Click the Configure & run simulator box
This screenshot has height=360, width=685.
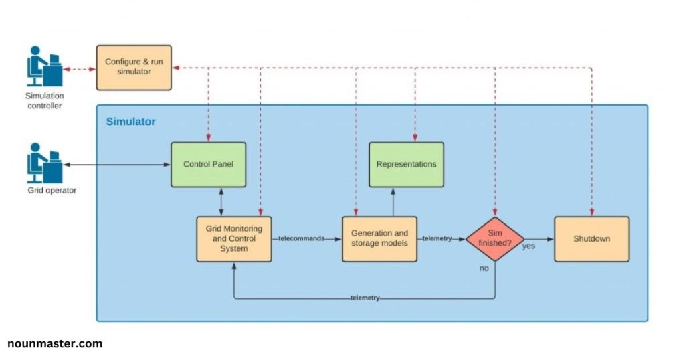click(134, 67)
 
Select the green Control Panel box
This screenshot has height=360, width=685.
click(208, 164)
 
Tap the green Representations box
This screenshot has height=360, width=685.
click(406, 164)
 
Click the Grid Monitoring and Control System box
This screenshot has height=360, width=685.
click(233, 239)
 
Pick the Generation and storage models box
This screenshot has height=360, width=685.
click(379, 239)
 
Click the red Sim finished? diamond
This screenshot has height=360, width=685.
click(494, 239)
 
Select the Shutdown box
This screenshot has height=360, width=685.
click(591, 239)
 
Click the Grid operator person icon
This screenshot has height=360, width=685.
click(44, 163)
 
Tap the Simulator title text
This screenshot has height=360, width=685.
click(130, 122)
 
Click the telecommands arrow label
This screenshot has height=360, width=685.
click(302, 238)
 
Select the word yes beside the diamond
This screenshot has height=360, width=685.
click(528, 246)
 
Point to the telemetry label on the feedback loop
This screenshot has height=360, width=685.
click(365, 298)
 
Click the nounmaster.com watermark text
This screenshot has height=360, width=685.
click(55, 344)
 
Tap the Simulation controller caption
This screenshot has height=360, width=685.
click(44, 100)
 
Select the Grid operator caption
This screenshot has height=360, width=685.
click(52, 190)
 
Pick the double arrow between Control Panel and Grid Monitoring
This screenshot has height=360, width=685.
click(220, 201)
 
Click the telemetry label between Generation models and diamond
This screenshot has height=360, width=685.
click(437, 238)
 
